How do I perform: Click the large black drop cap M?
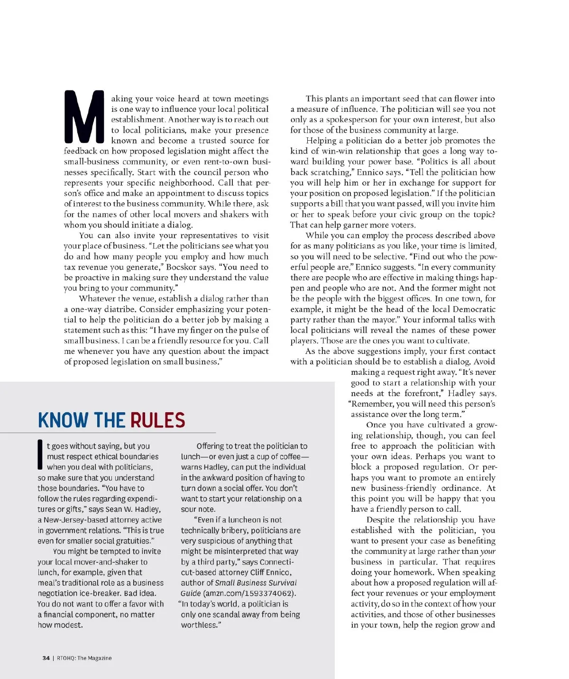pyautogui.click(x=84, y=117)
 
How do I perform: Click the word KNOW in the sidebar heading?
pyautogui.click(x=63, y=420)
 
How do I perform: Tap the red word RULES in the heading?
pyautogui.click(x=157, y=420)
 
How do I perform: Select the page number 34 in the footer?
pyautogui.click(x=46, y=658)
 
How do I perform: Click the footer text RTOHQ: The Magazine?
pyautogui.click(x=84, y=658)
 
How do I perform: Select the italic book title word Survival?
pyautogui.click(x=281, y=583)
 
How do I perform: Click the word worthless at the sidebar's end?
pyautogui.click(x=199, y=625)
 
